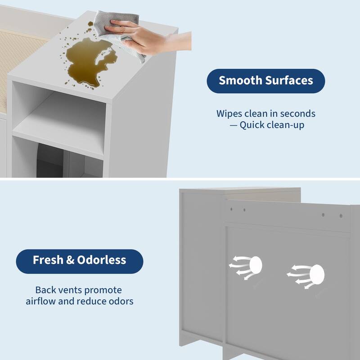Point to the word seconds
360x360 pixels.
point(298,113)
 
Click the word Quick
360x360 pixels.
point(253,125)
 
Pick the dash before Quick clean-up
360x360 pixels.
point(233,125)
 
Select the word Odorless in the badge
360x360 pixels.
point(104,260)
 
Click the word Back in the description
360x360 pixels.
point(45,290)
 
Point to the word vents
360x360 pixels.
point(70,290)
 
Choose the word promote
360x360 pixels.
point(103,290)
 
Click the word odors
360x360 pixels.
point(120,301)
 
